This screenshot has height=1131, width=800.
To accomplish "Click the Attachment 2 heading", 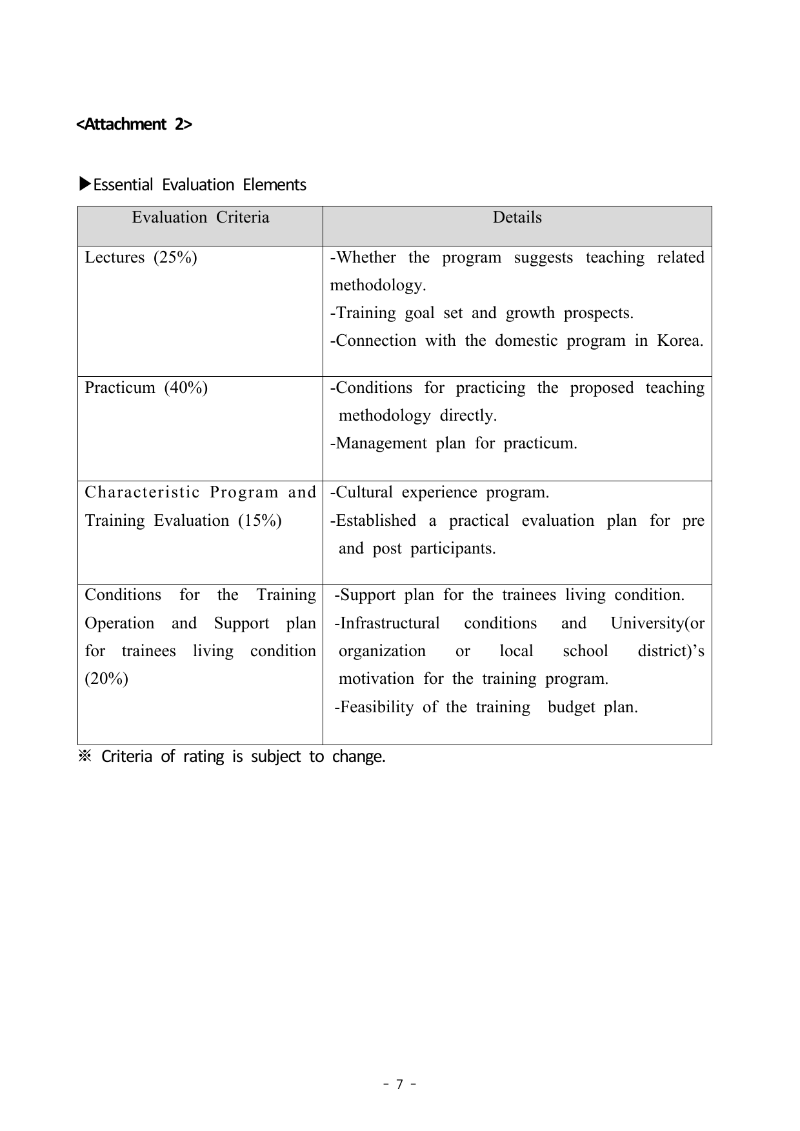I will (x=134, y=124).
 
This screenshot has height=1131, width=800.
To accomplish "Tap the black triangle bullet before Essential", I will (x=85, y=185).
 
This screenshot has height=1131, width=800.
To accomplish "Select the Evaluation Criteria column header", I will (x=200, y=217).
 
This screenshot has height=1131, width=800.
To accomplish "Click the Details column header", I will (x=517, y=217).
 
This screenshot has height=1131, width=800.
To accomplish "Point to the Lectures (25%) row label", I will (x=141, y=257).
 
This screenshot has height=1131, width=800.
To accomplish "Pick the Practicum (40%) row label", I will (x=146, y=388).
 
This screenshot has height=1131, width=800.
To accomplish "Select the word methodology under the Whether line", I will (x=377, y=285).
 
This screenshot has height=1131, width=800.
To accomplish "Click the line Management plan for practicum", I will (x=454, y=443).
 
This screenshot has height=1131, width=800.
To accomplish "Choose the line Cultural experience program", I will (x=439, y=492).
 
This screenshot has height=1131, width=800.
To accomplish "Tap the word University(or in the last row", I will (x=657, y=623).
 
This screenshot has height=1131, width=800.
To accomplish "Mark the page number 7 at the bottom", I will (x=399, y=1085).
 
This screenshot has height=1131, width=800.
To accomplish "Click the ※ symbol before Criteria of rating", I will (x=85, y=756).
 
